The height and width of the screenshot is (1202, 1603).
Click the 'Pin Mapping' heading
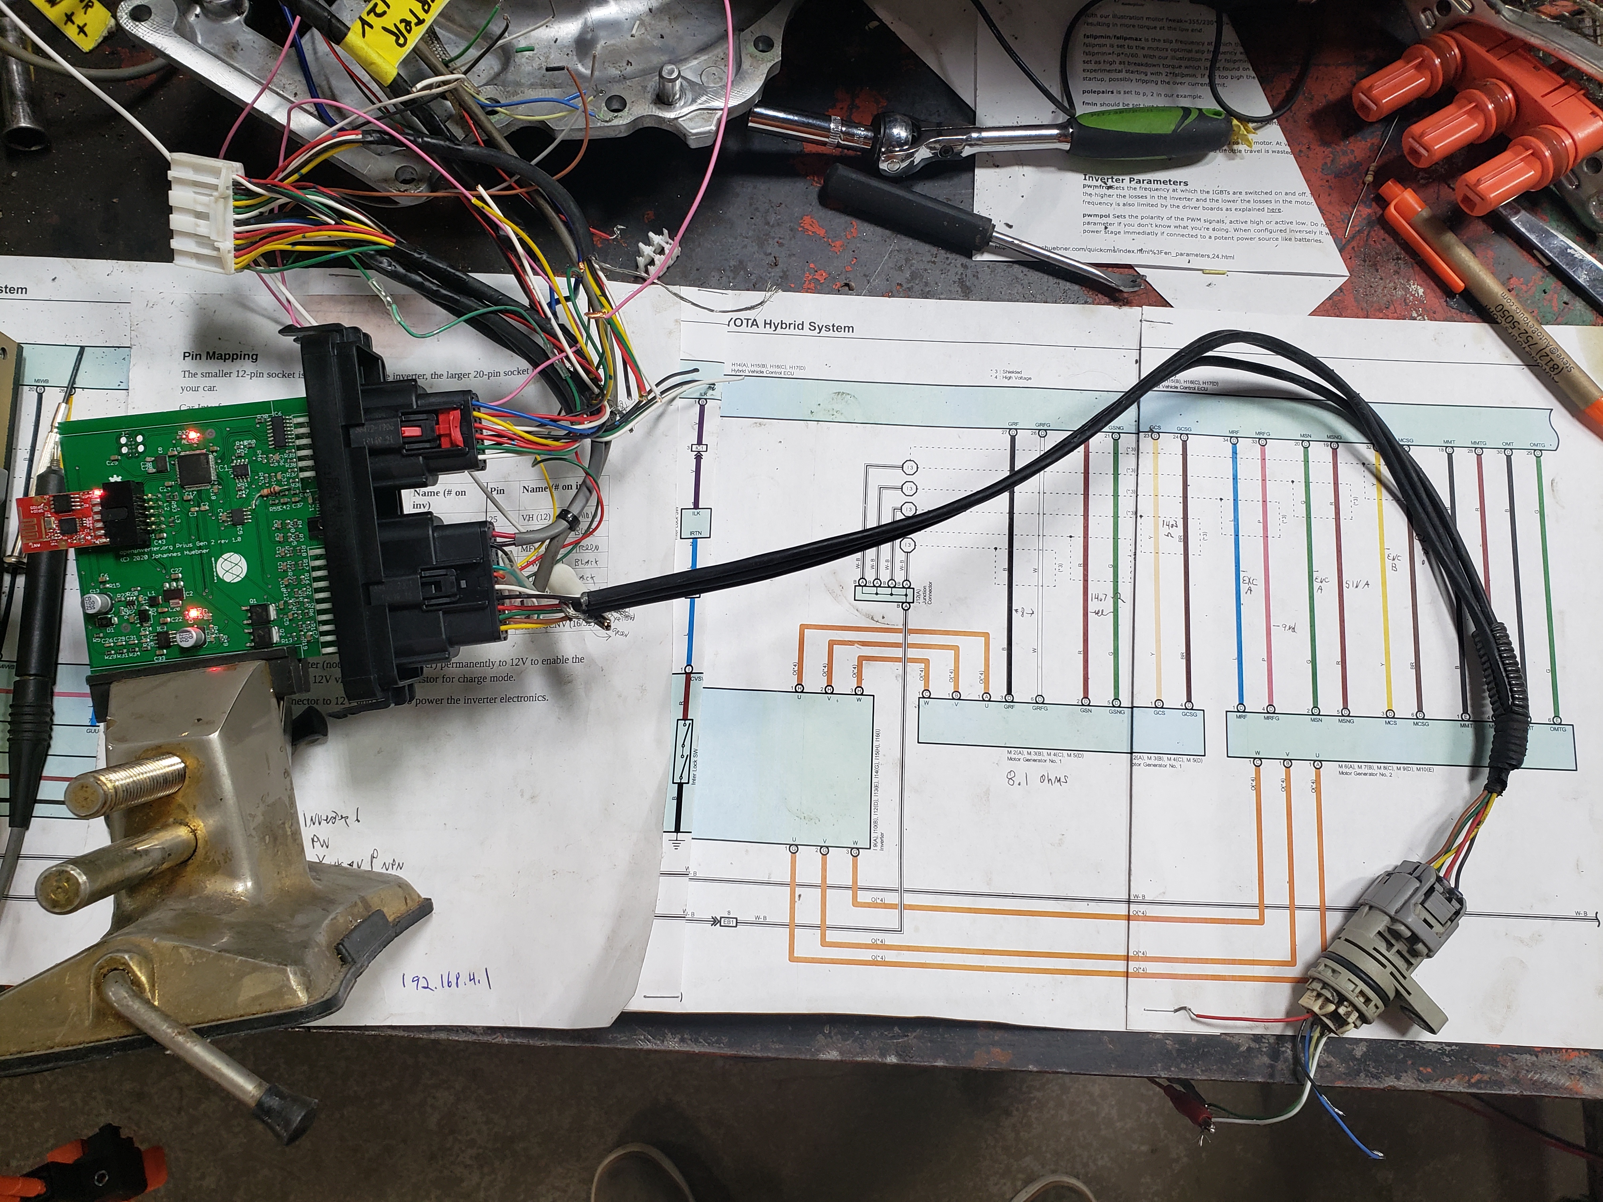[x=219, y=356]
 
